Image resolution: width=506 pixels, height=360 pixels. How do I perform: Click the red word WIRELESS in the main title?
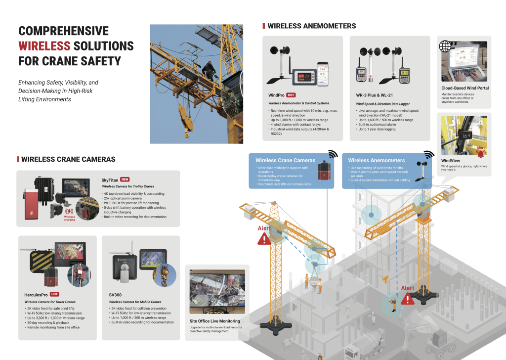click(x=44, y=46)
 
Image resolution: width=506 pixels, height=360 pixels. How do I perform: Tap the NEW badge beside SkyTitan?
click(x=125, y=180)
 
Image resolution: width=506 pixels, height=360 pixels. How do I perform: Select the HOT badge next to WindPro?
click(x=292, y=94)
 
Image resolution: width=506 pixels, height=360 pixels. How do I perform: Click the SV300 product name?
click(x=115, y=294)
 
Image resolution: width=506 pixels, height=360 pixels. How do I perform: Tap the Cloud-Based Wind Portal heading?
click(x=464, y=88)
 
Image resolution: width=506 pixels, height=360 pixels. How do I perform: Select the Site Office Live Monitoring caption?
click(x=214, y=321)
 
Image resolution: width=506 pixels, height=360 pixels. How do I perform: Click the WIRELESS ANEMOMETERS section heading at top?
click(x=311, y=26)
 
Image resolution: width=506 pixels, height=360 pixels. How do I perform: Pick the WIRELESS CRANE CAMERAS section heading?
click(x=68, y=159)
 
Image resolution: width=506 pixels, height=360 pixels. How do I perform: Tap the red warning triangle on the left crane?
click(x=265, y=239)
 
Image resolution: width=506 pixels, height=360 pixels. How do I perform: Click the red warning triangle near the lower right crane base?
click(x=408, y=298)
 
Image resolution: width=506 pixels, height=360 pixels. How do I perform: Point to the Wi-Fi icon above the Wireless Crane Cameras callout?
click(x=333, y=154)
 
